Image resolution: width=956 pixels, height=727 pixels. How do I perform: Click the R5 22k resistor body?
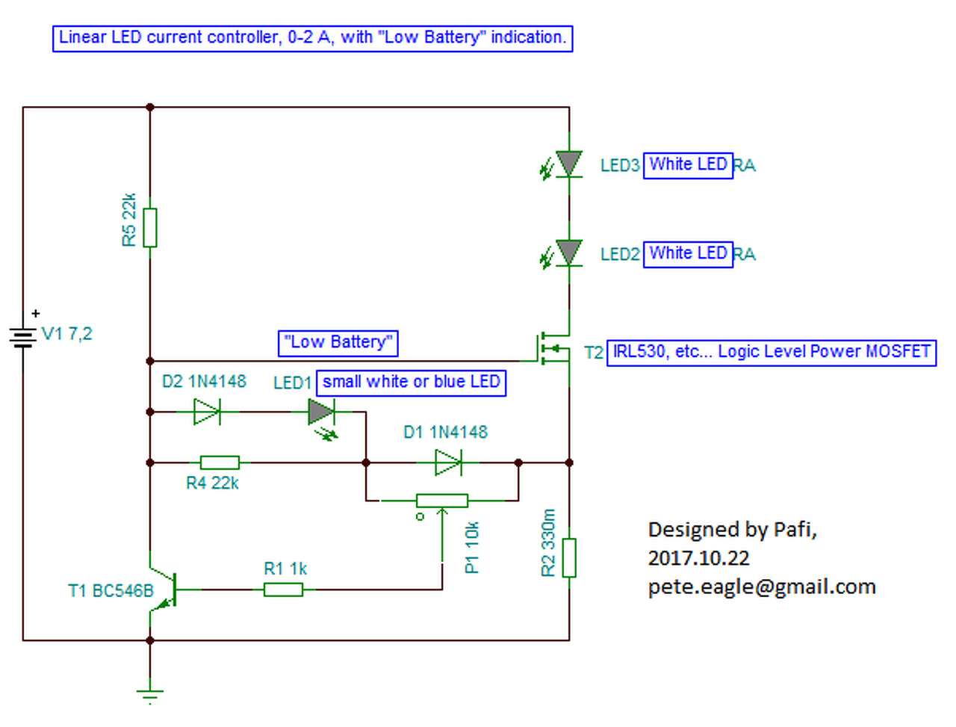pos(150,227)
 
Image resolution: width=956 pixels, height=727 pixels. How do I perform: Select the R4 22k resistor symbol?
pos(220,463)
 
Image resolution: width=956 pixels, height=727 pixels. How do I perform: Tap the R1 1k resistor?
pos(283,590)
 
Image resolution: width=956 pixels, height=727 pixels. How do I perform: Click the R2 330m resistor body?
pos(569,557)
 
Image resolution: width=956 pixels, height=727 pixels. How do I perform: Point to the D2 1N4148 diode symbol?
pos(207,411)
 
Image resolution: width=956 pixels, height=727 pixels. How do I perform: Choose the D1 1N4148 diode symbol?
pos(448,463)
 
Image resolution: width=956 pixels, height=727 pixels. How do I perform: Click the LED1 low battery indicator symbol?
pos(322,412)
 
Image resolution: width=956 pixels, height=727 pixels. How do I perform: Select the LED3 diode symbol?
pos(569,164)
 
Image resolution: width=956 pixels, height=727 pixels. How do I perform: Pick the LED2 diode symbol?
pos(569,253)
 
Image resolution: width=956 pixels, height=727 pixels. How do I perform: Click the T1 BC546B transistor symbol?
pos(166,590)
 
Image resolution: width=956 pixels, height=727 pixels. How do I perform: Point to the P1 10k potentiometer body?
pos(442,500)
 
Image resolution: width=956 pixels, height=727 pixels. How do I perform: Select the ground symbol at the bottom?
pos(150,694)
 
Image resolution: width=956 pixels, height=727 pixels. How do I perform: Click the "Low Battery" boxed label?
pos(338,343)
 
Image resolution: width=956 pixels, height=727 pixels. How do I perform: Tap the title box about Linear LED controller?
pos(312,38)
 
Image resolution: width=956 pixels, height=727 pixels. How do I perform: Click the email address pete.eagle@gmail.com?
pos(762,587)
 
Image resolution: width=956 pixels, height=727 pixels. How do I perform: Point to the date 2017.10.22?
pos(698,558)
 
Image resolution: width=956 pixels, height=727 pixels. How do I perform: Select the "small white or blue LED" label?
pos(411,383)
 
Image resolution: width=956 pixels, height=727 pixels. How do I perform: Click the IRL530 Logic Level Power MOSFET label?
pos(771,352)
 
